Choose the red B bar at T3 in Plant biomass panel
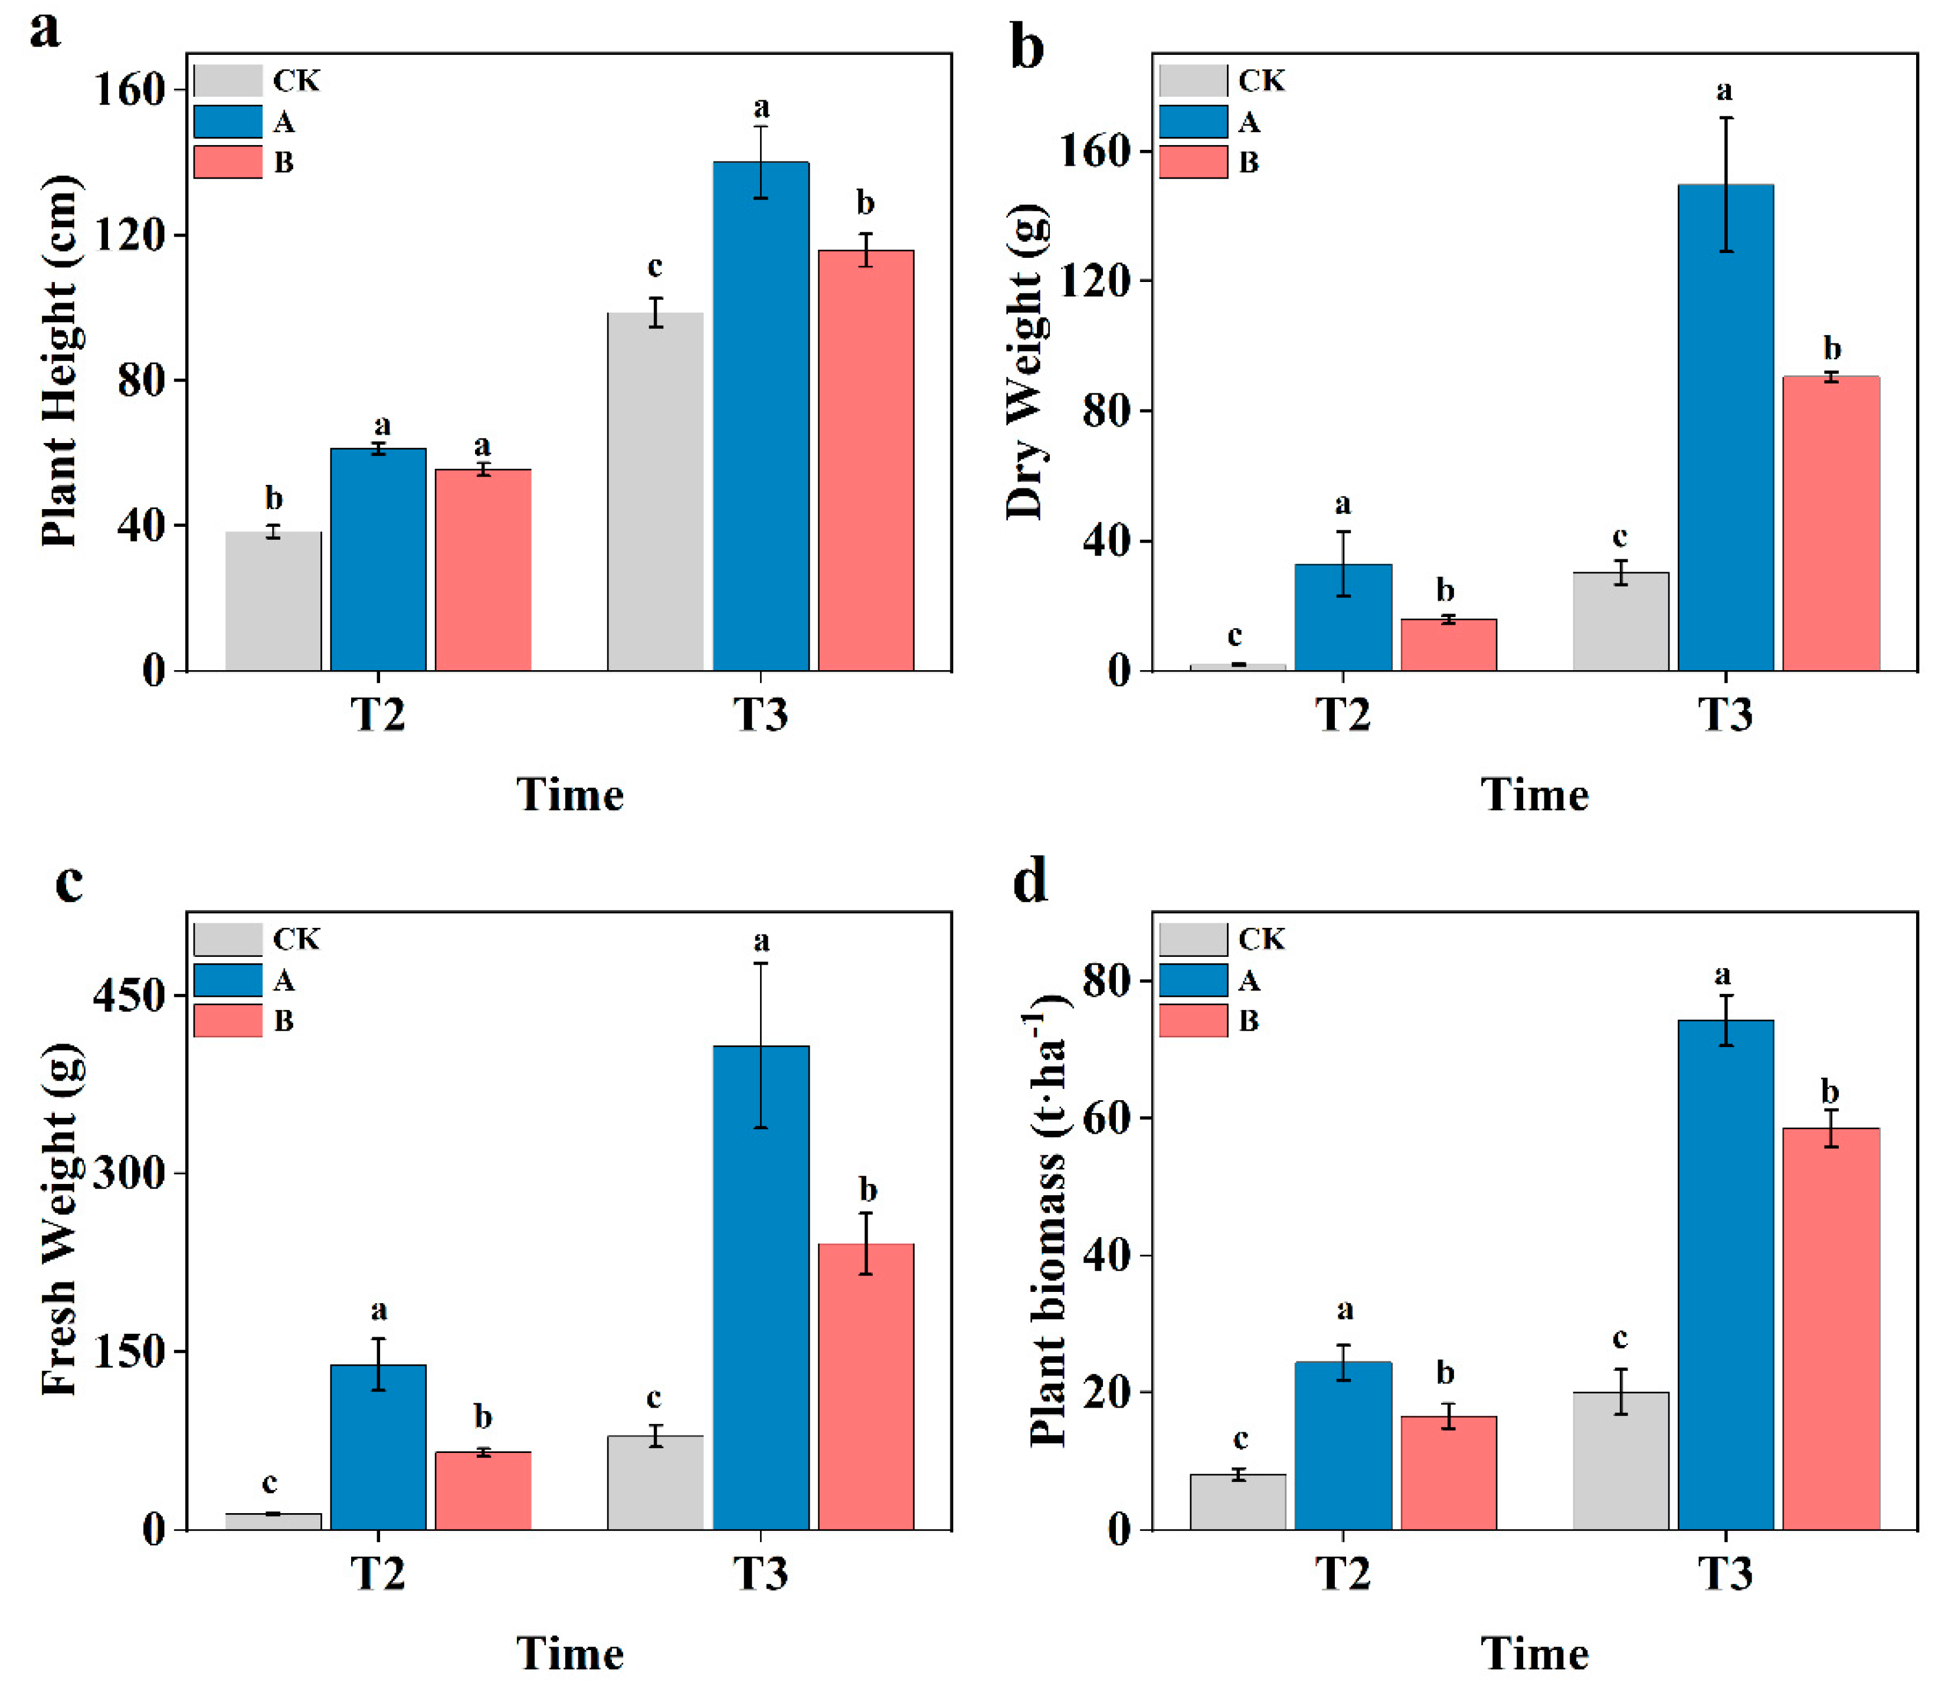coord(1831,1329)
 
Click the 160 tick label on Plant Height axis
coord(130,90)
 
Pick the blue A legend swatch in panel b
coord(1193,121)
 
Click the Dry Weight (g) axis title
coord(1025,362)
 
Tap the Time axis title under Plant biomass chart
coord(1534,1654)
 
